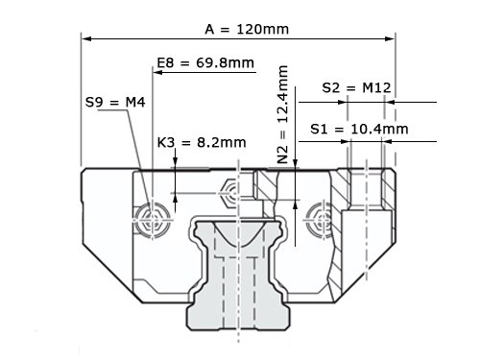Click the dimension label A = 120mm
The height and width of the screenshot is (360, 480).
(247, 30)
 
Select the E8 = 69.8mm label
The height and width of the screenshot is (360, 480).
(205, 62)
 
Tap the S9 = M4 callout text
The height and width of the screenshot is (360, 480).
(115, 103)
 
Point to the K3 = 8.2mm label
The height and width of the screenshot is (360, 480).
(202, 142)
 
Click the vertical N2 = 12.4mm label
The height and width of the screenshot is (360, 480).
(283, 114)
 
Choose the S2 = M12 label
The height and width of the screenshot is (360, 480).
(356, 87)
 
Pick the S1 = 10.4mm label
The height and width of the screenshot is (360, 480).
(359, 129)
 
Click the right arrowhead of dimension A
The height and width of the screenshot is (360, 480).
(390, 38)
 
